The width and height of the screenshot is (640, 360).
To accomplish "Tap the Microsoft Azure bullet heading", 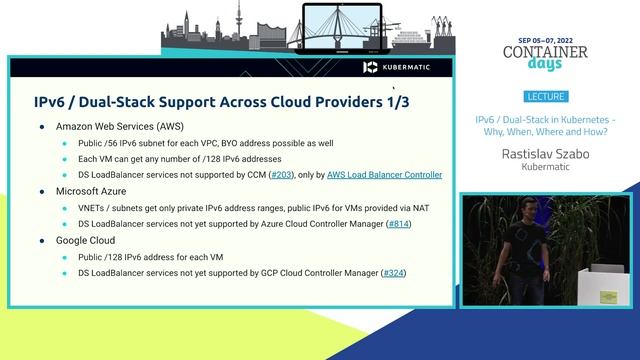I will [97, 191].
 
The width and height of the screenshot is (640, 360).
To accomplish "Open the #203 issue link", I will [283, 175].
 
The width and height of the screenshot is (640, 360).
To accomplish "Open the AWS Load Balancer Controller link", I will [384, 175].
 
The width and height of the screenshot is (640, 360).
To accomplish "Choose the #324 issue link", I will [393, 273].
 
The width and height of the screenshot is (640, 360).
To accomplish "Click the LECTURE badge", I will [544, 97].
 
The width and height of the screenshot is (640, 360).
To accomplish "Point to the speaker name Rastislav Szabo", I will [545, 154].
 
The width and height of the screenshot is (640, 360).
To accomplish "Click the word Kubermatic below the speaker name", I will [545, 168].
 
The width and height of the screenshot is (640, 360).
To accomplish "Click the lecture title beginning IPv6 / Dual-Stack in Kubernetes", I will [545, 125].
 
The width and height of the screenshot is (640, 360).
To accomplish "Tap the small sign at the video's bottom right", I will [607, 297].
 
